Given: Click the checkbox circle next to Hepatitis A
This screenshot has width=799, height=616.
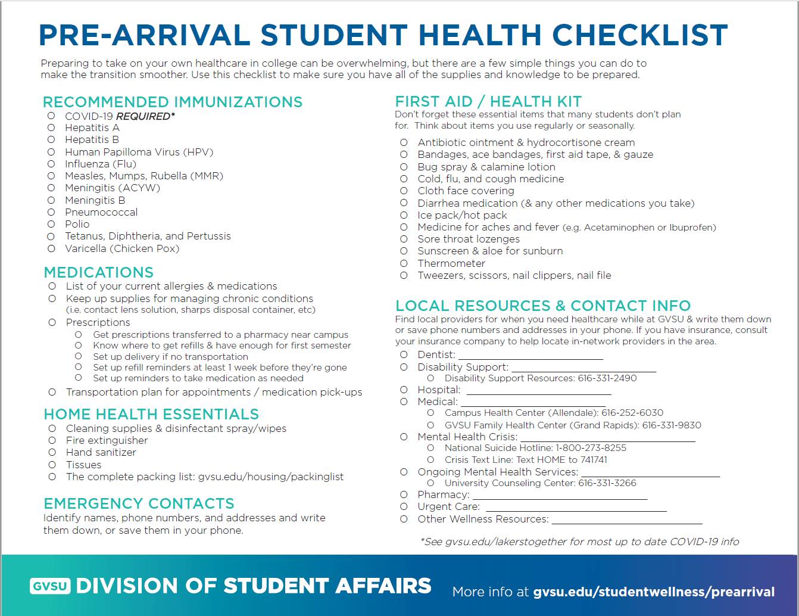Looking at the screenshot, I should (51, 127).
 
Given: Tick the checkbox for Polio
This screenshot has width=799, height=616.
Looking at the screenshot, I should (51, 224).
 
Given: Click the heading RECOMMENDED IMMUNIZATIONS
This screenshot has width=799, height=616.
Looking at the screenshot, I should (173, 102).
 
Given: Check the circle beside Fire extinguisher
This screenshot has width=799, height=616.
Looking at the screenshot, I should (52, 440).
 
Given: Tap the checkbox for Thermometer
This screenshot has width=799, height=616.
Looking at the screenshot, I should (404, 263).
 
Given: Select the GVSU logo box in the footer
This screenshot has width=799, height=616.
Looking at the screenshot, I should (50, 586).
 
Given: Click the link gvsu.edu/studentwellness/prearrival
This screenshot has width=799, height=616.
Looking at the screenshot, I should (654, 592).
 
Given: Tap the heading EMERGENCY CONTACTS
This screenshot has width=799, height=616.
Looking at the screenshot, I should (139, 503).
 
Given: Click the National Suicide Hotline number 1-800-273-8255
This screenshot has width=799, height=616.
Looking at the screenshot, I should (591, 448).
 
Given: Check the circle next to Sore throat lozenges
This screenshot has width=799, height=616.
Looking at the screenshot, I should (404, 239).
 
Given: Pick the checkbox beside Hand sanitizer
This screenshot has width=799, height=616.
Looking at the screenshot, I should (52, 452).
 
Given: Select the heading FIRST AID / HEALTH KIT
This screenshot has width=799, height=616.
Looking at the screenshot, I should (488, 102).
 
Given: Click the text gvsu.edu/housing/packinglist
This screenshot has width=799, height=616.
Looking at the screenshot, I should (271, 477).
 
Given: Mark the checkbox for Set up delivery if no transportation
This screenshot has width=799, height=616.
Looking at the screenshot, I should (78, 356).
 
